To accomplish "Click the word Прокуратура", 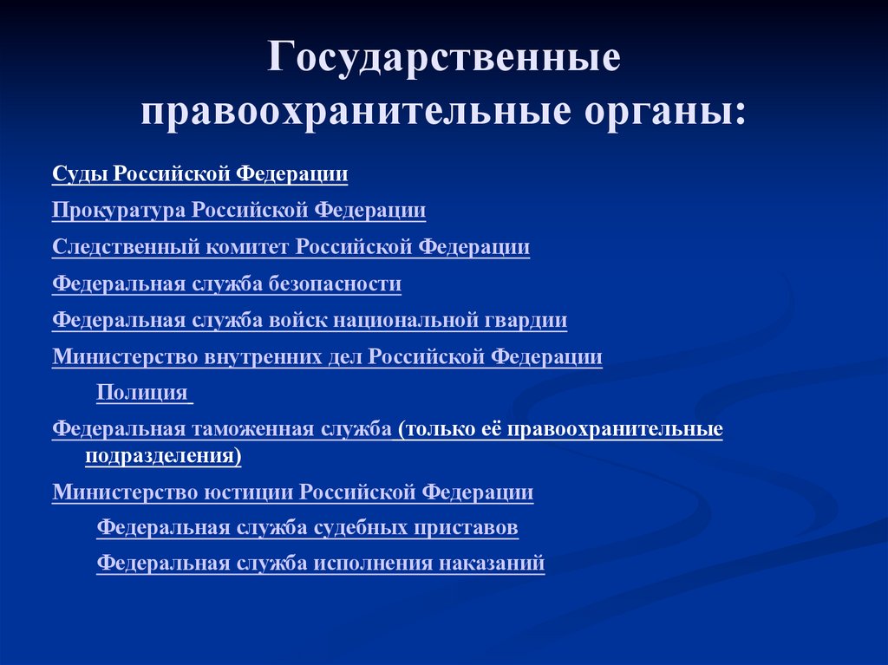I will click(x=120, y=211).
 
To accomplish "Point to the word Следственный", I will click(x=127, y=247).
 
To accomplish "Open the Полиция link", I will click(x=142, y=393).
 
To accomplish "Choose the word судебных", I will click(x=368, y=527).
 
